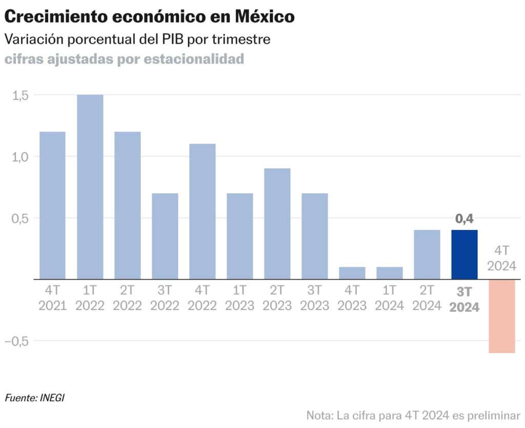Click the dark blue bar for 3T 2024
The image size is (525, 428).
[465, 255]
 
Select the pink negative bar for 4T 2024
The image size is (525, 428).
[502, 316]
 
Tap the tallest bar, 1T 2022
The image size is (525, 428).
[90, 187]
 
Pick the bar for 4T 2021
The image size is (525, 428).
[52, 205]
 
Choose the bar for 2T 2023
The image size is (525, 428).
[277, 224]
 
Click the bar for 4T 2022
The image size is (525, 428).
[202, 211]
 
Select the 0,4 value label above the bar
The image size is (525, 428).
[465, 219]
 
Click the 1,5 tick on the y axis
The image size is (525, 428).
[21, 95]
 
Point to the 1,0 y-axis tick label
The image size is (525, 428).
[21, 157]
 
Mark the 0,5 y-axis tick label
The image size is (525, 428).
[21, 218]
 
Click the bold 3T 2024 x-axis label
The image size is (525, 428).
[465, 300]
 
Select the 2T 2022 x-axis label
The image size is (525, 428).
[127, 299]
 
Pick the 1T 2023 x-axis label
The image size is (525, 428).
[240, 299]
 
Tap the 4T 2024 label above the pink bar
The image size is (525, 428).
[501, 258]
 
